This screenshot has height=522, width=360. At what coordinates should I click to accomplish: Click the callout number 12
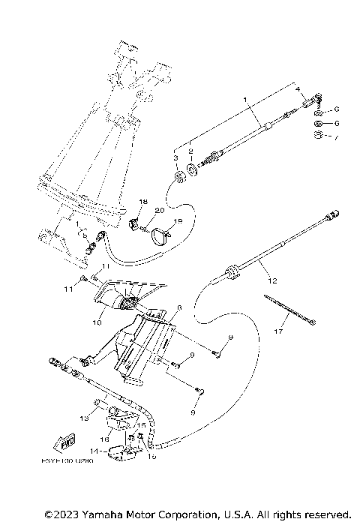pos(272,280)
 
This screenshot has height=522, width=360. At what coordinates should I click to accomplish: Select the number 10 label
pos(97,323)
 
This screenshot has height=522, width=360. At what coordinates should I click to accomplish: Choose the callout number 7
pos(337,139)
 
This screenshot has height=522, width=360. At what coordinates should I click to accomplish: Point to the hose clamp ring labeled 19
pos(160,236)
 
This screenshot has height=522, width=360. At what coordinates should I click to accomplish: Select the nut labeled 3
pos(179,178)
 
